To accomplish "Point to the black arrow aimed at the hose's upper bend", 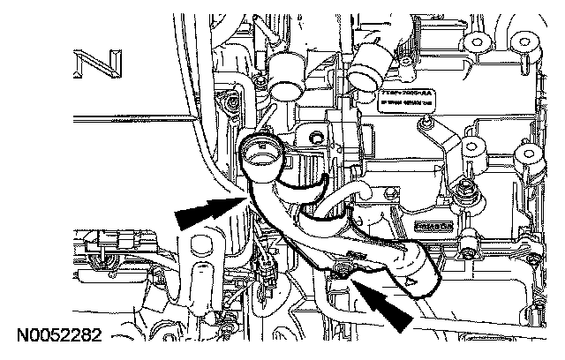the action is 207,213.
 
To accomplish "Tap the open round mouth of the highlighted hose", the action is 262,156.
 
